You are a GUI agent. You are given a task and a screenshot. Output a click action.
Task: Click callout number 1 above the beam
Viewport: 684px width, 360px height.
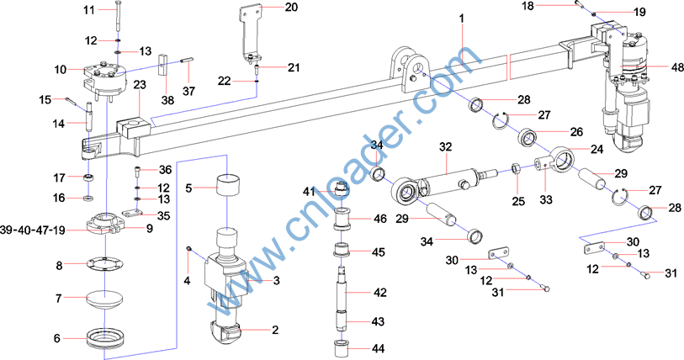tap(462, 18)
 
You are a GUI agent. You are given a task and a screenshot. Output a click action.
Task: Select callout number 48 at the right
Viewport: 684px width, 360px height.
tap(654, 67)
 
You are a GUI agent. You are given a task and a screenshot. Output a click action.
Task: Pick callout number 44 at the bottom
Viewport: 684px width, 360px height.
tap(379, 348)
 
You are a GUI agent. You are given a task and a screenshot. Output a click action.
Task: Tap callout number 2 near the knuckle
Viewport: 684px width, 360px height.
tap(274, 330)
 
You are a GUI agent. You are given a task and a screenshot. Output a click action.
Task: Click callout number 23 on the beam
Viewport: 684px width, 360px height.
tap(140, 84)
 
